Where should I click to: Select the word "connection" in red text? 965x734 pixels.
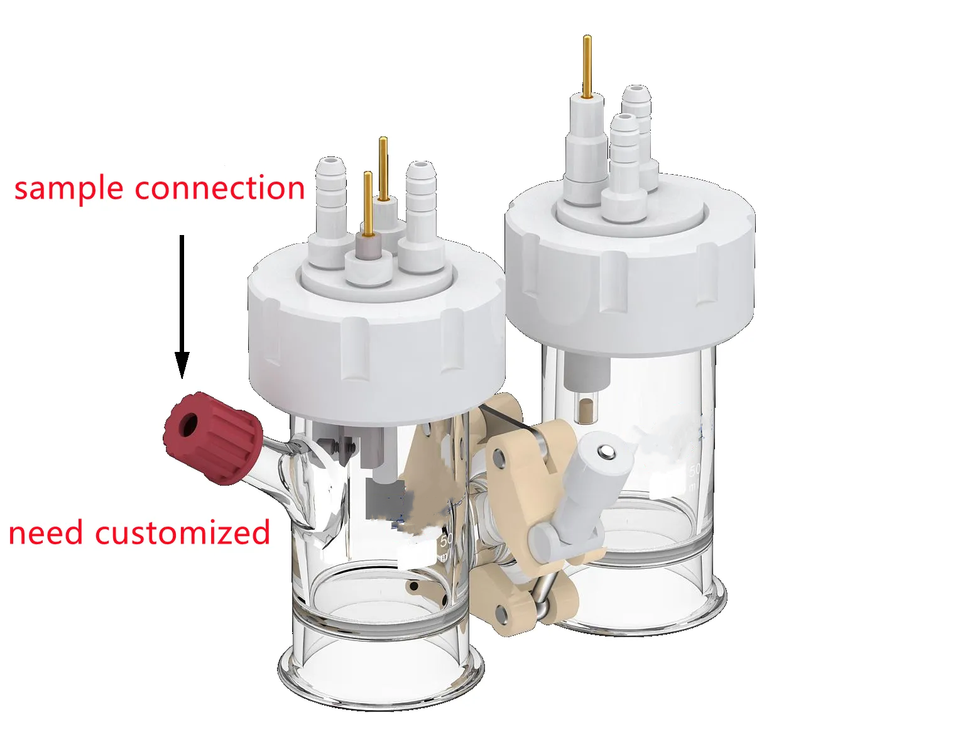(220, 188)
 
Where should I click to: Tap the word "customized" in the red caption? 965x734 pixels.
(182, 534)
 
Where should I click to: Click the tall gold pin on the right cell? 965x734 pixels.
(587, 66)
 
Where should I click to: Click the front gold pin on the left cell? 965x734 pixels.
(368, 204)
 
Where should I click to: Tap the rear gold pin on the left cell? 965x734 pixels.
(383, 167)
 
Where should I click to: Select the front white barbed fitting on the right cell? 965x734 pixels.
(624, 163)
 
